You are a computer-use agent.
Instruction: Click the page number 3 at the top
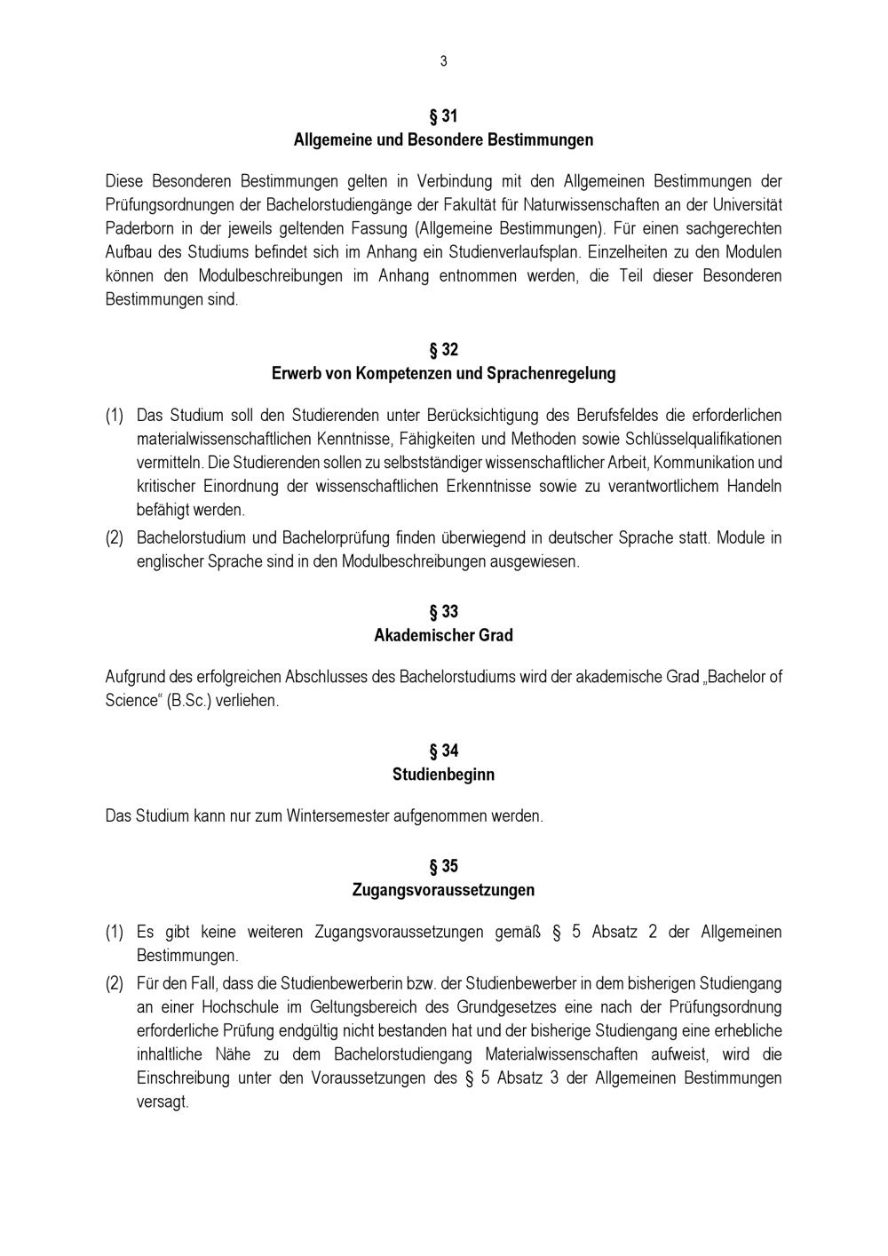[x=443, y=61]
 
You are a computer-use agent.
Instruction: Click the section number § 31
[x=443, y=116]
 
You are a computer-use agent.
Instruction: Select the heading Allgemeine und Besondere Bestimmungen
[x=443, y=140]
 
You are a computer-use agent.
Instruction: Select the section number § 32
[x=443, y=350]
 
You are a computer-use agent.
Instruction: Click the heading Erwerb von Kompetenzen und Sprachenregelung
[x=443, y=374]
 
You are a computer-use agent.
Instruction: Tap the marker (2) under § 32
[x=115, y=538]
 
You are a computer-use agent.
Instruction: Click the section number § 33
[x=443, y=612]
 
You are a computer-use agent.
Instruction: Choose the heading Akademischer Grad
[x=443, y=636]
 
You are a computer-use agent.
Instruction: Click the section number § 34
[x=443, y=751]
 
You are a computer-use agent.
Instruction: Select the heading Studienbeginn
[x=443, y=775]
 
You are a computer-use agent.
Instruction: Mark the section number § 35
[x=443, y=866]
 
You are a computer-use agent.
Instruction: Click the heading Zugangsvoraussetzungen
[x=443, y=890]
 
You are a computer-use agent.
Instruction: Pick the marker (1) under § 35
[x=115, y=933]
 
